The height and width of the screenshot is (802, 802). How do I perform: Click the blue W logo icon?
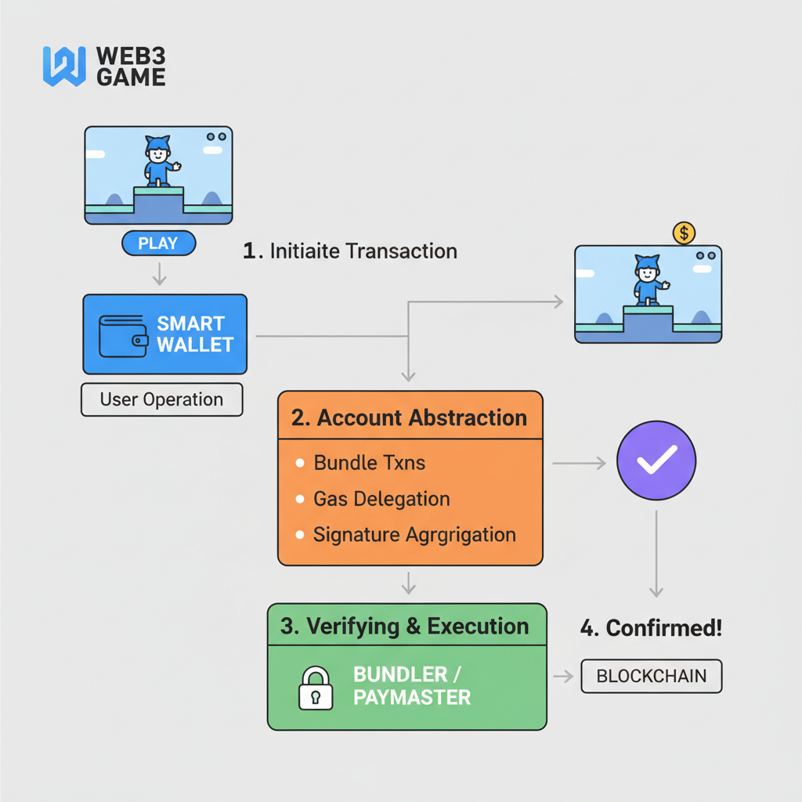[x=63, y=66]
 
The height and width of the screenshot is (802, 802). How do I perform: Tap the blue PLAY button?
[x=158, y=244]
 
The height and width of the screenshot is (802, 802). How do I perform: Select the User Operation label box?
[x=161, y=399]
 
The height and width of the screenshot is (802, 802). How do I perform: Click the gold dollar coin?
[x=684, y=232]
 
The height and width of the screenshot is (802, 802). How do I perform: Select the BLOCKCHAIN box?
[x=651, y=677]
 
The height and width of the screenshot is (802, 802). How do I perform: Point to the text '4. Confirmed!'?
[x=650, y=628]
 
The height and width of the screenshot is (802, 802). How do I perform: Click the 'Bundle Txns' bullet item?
[x=369, y=463]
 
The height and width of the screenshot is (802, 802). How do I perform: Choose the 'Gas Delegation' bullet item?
[x=381, y=499]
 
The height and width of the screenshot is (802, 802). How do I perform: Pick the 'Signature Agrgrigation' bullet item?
[x=414, y=535]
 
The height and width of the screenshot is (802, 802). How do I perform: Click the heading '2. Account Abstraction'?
[x=409, y=417]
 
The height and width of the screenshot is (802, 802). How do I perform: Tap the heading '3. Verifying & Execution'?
[x=404, y=627]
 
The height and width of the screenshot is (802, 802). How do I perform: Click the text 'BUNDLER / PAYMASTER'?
[x=412, y=685]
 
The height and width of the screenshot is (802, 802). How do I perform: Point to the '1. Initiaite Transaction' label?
[x=350, y=251]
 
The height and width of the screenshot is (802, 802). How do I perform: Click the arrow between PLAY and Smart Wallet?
[x=159, y=273]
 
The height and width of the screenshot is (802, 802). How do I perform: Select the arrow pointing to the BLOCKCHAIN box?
[x=563, y=677]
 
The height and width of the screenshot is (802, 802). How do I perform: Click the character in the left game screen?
[x=158, y=161]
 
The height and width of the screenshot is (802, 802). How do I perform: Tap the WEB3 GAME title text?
[x=130, y=67]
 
